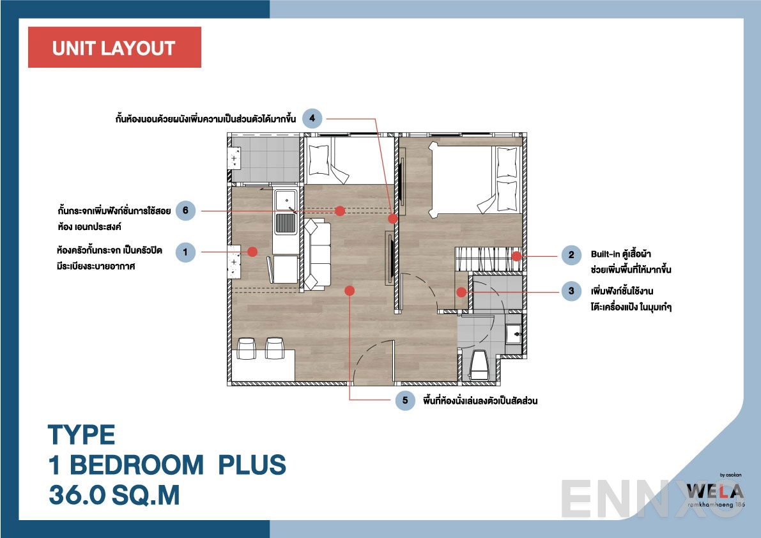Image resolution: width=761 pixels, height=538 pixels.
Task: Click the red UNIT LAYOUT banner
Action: [114, 48]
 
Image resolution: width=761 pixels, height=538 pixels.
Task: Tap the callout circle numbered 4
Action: [312, 118]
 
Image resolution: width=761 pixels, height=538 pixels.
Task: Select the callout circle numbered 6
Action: [185, 210]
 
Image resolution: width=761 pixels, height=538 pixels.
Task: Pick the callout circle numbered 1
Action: [185, 252]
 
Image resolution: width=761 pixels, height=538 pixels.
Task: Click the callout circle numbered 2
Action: [571, 256]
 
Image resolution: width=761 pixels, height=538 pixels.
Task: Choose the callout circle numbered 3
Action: [571, 291]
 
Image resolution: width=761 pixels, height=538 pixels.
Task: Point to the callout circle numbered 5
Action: [404, 401]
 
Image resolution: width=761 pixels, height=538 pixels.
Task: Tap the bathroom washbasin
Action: [513, 333]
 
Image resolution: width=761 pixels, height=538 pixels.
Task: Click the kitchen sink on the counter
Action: [284, 223]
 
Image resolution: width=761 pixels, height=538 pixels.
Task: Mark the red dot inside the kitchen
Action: [252, 252]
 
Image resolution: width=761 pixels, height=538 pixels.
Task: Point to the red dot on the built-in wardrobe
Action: [516, 256]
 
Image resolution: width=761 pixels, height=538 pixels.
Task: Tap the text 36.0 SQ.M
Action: [114, 496]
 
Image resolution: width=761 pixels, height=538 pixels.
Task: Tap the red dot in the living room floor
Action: [349, 291]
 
